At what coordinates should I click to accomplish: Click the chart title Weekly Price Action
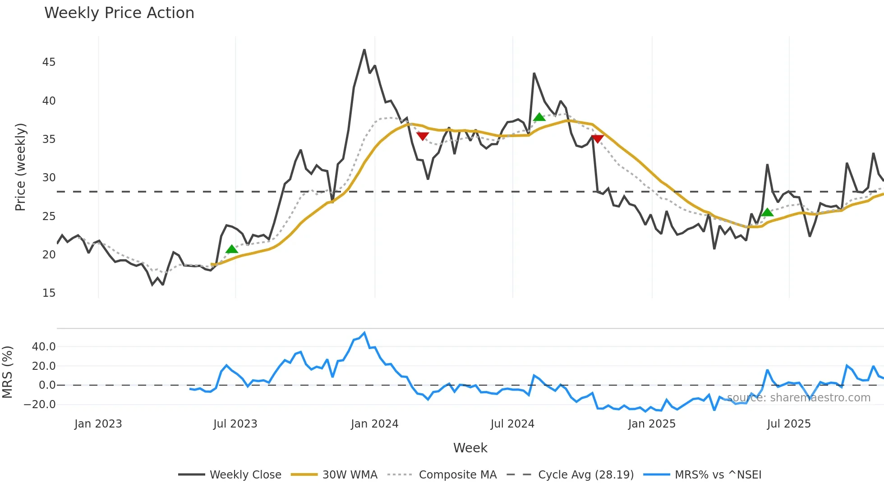(x=119, y=13)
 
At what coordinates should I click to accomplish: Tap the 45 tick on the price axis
(x=49, y=62)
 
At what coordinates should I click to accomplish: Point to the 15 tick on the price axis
(x=49, y=293)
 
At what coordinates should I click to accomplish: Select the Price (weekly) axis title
(x=20, y=167)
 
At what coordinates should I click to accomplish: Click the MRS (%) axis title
(x=7, y=372)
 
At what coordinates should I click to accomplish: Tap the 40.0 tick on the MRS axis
(x=44, y=347)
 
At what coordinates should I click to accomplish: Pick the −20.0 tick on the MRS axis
(x=40, y=405)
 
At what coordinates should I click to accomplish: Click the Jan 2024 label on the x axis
(x=374, y=424)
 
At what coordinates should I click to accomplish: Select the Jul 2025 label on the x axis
(x=788, y=424)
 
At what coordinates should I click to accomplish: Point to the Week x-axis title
(x=470, y=448)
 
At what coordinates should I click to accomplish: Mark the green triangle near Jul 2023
(x=232, y=249)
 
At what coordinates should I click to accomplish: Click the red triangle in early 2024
(x=423, y=136)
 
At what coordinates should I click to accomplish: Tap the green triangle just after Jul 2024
(x=539, y=117)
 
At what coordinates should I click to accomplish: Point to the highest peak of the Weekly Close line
(x=364, y=50)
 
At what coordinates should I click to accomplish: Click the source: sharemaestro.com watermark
(x=798, y=398)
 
